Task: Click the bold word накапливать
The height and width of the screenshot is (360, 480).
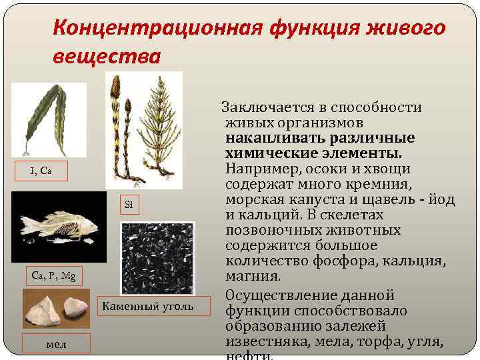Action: click(x=266, y=138)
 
